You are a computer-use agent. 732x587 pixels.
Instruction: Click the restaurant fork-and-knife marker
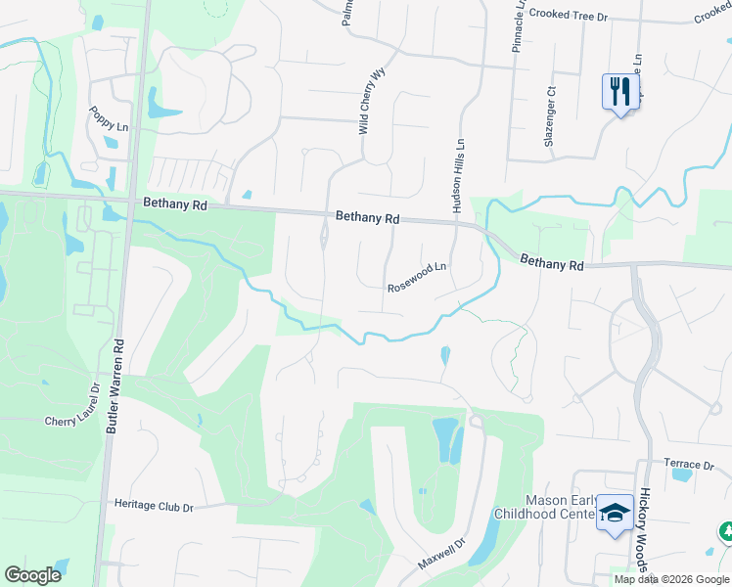click(618, 93)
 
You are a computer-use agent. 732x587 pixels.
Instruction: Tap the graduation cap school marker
click(614, 514)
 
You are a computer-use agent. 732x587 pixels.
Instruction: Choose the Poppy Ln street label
click(109, 119)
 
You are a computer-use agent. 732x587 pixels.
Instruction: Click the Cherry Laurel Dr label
click(73, 421)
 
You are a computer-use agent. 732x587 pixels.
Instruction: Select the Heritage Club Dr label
click(155, 507)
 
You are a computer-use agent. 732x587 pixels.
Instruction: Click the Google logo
click(32, 574)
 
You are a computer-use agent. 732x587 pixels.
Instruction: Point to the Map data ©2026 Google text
click(671, 579)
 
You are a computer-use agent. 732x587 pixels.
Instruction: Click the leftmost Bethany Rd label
click(174, 205)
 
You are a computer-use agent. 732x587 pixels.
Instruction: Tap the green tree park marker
click(726, 532)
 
